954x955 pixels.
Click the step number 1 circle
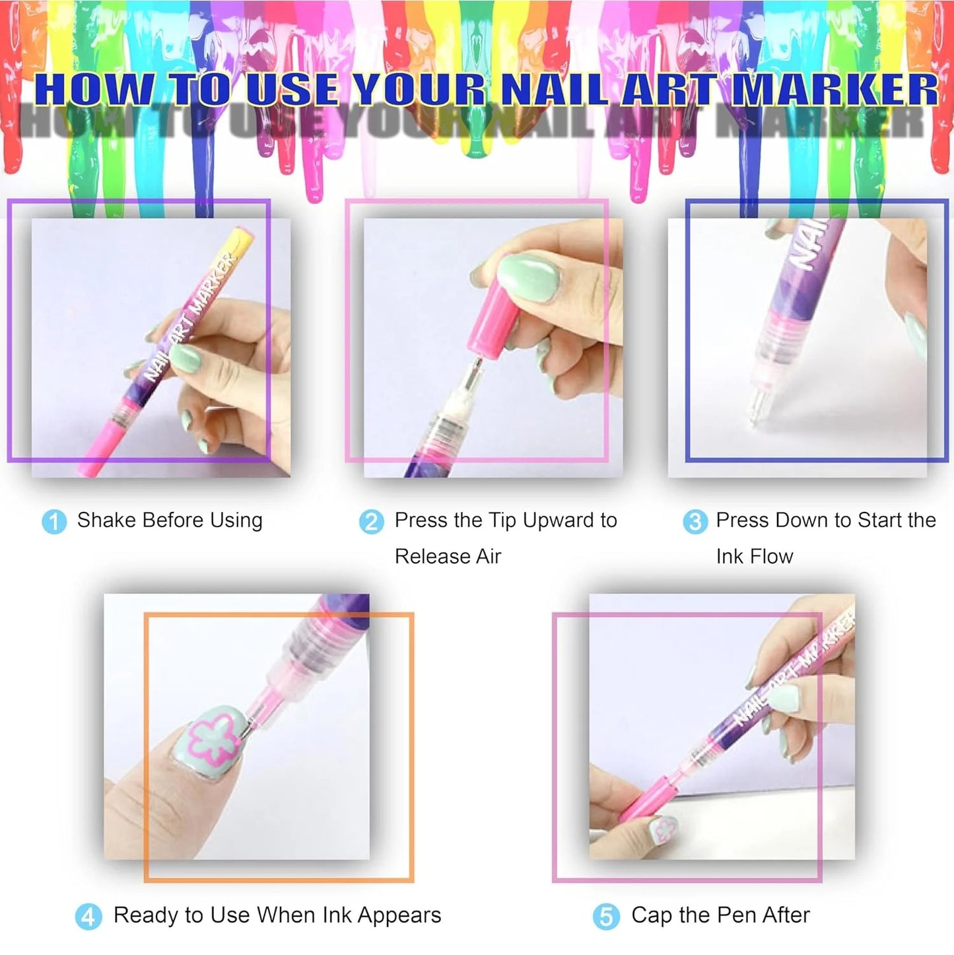coord(53,522)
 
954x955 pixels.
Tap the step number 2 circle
coord(371,522)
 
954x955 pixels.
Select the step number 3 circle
coord(695,522)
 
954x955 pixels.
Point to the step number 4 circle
coord(88,917)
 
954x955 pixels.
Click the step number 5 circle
coord(606,917)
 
